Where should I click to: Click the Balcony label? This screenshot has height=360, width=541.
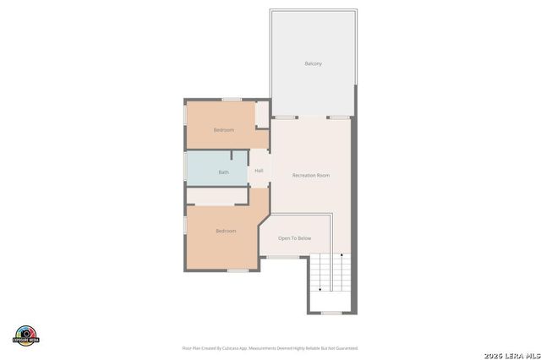(x=313, y=63)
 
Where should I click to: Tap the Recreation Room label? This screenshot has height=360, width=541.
(x=310, y=175)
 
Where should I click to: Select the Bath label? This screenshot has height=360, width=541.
(x=223, y=172)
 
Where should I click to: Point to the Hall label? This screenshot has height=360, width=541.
(x=259, y=171)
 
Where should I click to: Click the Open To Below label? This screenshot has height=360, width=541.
(x=295, y=238)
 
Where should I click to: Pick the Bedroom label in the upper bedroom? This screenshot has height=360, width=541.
(x=223, y=129)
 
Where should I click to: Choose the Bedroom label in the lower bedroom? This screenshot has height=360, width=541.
(x=226, y=231)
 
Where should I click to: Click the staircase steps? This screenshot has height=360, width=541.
(x=331, y=272)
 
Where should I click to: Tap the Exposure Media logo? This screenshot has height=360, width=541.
(x=26, y=335)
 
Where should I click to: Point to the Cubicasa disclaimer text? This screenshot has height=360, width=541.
(x=270, y=347)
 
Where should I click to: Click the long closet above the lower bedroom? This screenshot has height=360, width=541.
(x=216, y=196)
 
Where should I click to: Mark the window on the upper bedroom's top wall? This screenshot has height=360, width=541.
(x=232, y=100)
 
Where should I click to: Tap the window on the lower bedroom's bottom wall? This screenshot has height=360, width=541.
(x=238, y=270)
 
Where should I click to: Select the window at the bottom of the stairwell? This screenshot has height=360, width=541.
(x=331, y=313)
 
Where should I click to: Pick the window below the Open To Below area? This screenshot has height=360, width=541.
(x=284, y=257)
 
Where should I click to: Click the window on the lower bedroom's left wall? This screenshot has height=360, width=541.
(x=186, y=225)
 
